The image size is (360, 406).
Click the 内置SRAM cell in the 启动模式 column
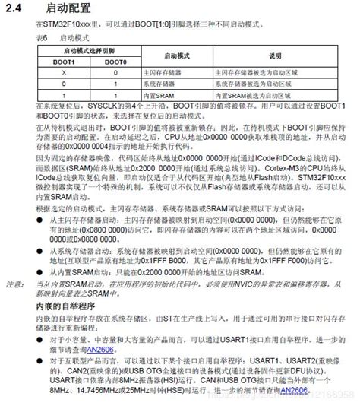(x=156, y=96)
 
